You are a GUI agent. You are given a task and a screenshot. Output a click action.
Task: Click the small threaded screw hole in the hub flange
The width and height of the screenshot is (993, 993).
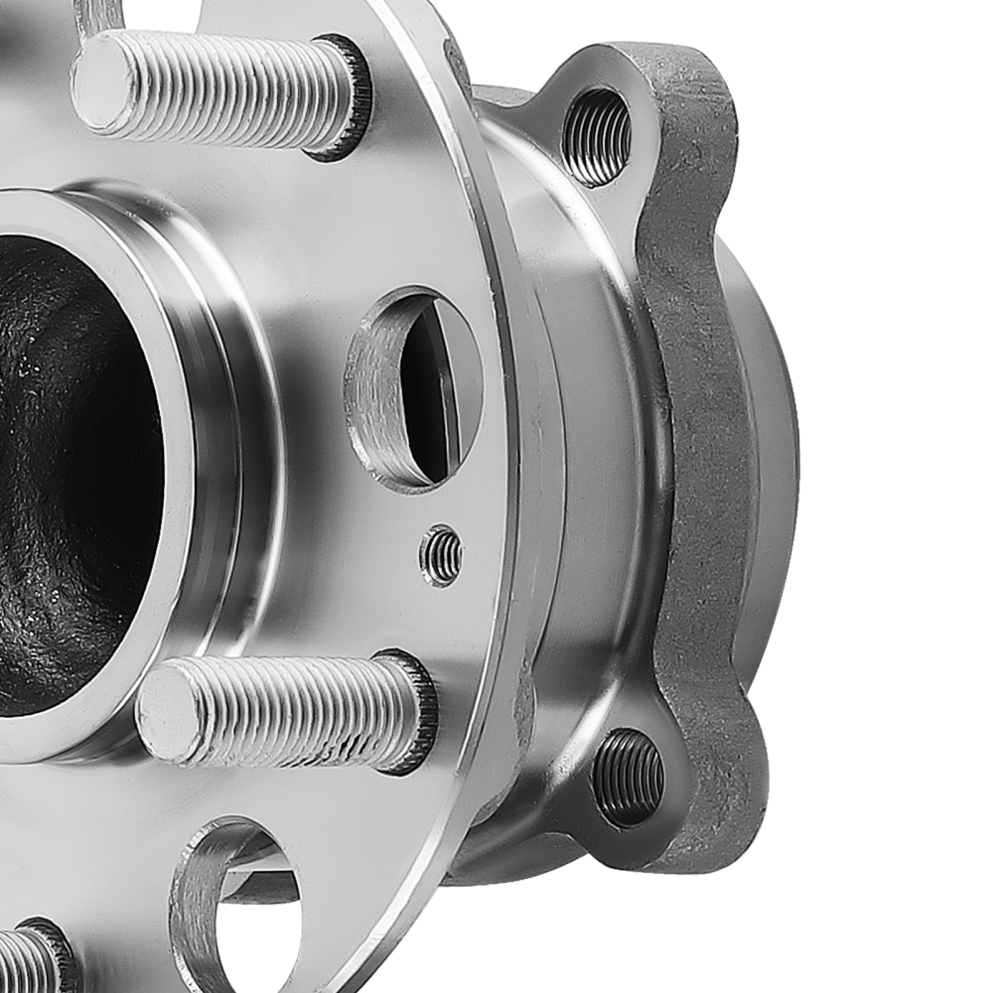pyautogui.click(x=441, y=555)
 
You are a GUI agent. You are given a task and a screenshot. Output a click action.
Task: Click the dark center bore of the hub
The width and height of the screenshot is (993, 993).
pyautogui.click(x=70, y=467)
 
